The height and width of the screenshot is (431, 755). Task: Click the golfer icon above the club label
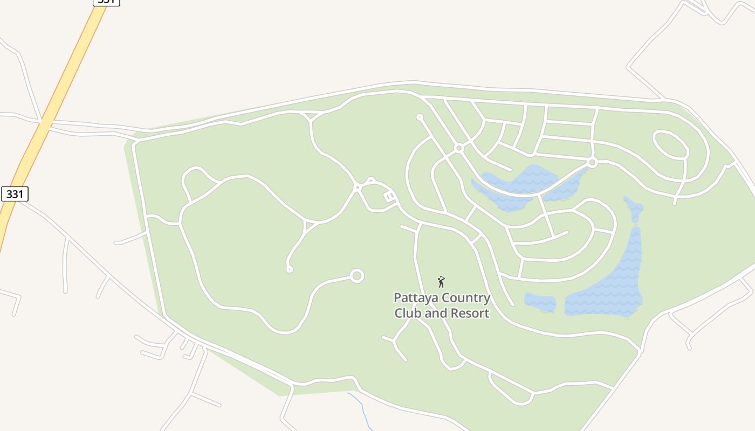coord(441,282)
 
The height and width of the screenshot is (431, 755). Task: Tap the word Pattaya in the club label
coord(415,298)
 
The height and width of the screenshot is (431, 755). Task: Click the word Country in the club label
coord(465,298)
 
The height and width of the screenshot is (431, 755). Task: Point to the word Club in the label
coord(408,313)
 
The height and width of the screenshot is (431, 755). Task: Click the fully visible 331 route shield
coord(15,194)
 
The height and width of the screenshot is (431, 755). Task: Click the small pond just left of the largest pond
coord(540,302)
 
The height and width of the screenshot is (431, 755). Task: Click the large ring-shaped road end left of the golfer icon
coord(356,276)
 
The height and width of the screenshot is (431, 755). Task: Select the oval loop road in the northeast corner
coord(671,144)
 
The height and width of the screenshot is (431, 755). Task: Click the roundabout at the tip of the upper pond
coord(592,162)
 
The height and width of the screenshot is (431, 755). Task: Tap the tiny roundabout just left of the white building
coord(356,187)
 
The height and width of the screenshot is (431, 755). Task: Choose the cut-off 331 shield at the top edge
coord(106,2)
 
